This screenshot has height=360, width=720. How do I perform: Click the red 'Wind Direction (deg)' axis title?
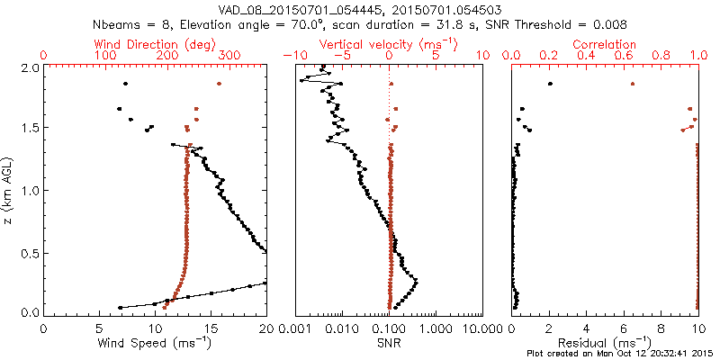pyautogui.click(x=155, y=44)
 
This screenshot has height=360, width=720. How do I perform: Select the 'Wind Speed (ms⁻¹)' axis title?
pyautogui.click(x=155, y=344)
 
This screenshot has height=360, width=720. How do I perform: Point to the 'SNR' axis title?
pyautogui.click(x=389, y=343)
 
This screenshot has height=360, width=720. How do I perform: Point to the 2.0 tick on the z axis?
pyautogui.click(x=30, y=67)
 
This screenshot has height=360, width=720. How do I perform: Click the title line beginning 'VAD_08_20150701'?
pyautogui.click(x=360, y=8)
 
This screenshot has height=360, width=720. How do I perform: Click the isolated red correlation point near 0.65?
pyautogui.click(x=633, y=84)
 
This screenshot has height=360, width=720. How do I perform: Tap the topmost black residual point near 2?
pyautogui.click(x=550, y=84)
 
